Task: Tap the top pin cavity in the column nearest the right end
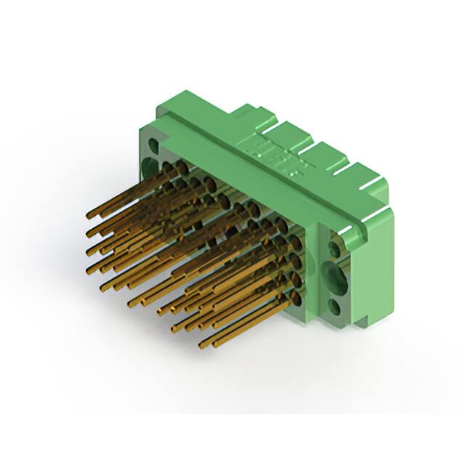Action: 294,239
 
